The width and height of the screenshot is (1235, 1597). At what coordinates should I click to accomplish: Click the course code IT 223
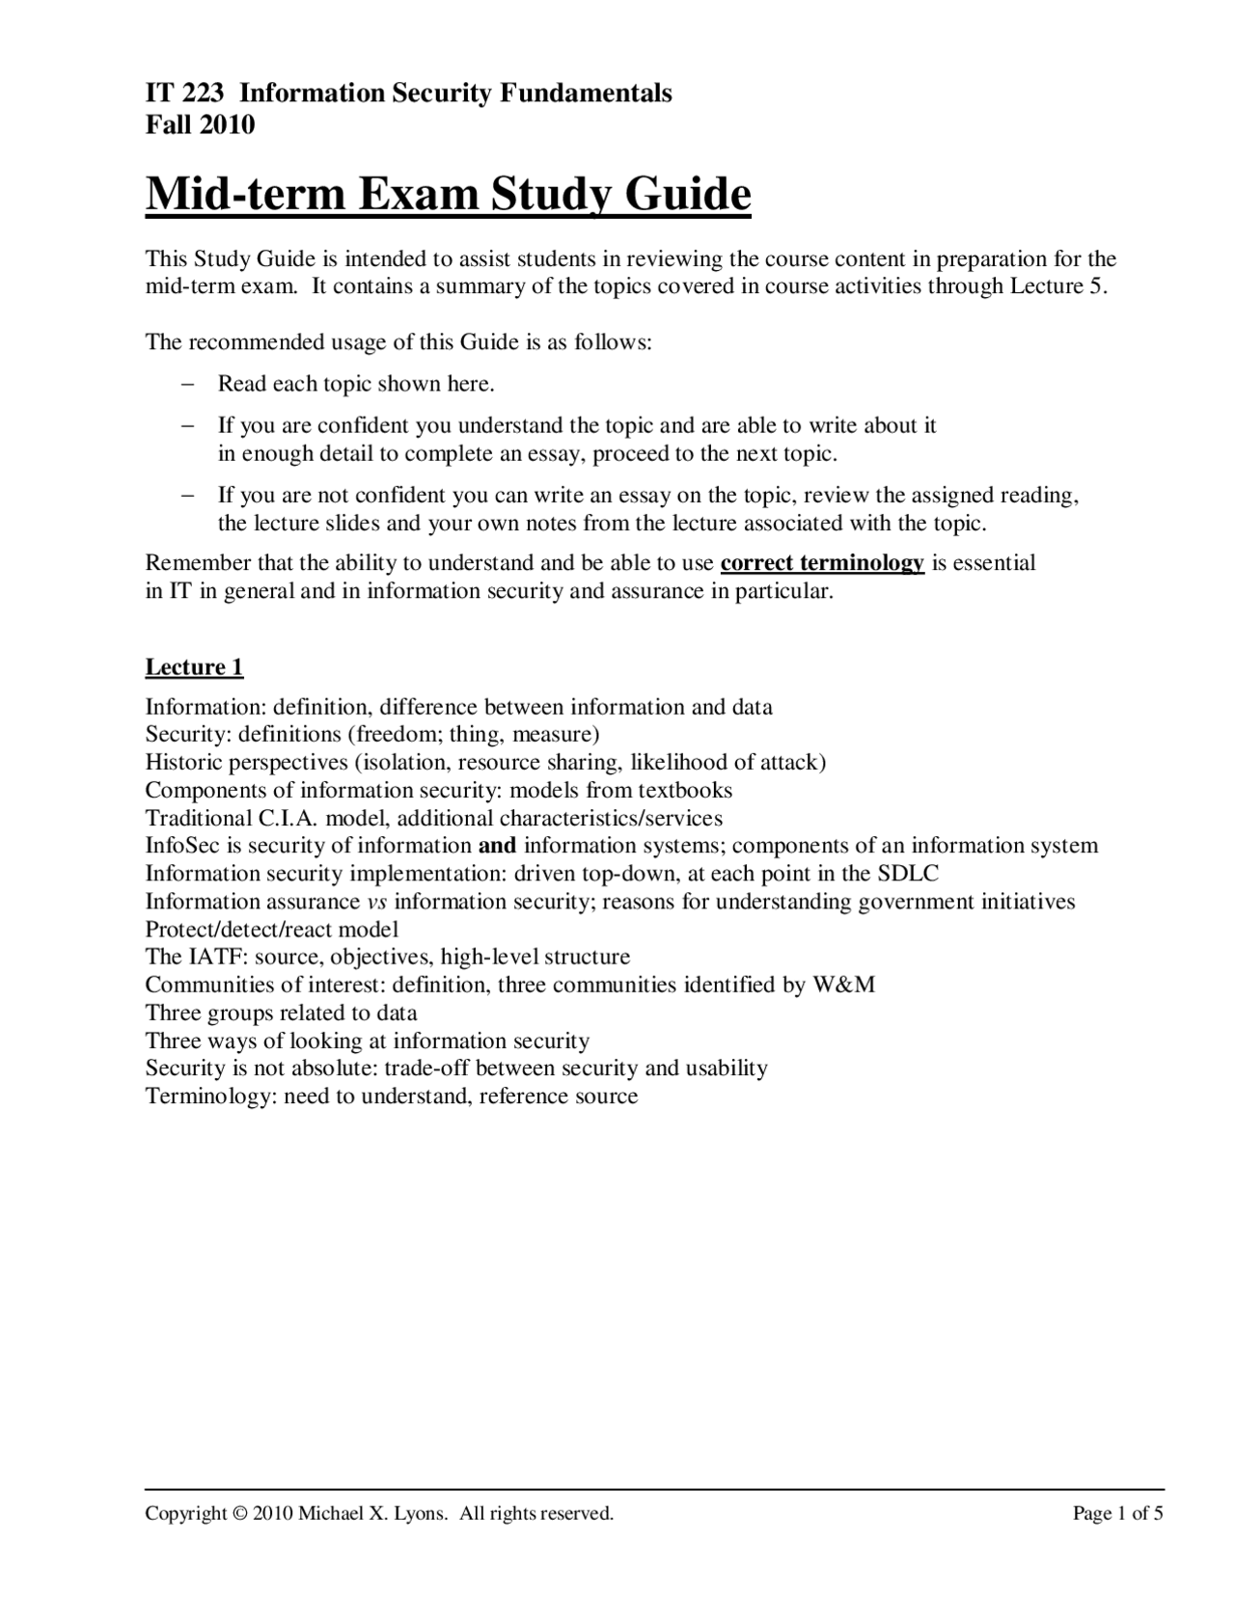[x=184, y=94]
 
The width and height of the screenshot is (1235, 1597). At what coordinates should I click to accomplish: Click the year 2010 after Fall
[x=229, y=124]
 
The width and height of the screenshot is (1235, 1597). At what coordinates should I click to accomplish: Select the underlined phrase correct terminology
[x=822, y=563]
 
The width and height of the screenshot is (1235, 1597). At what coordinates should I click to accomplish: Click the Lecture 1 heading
[x=194, y=667]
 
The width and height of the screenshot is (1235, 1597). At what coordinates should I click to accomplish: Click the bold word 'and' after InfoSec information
[x=497, y=847]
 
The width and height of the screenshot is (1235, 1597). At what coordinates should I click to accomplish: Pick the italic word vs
[x=377, y=903]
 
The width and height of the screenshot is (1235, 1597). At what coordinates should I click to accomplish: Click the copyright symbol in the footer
[x=240, y=1514]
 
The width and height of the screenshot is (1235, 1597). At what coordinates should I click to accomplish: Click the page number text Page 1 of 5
[x=1117, y=1514]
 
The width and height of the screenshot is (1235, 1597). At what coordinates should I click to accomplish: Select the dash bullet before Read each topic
[x=188, y=384]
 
